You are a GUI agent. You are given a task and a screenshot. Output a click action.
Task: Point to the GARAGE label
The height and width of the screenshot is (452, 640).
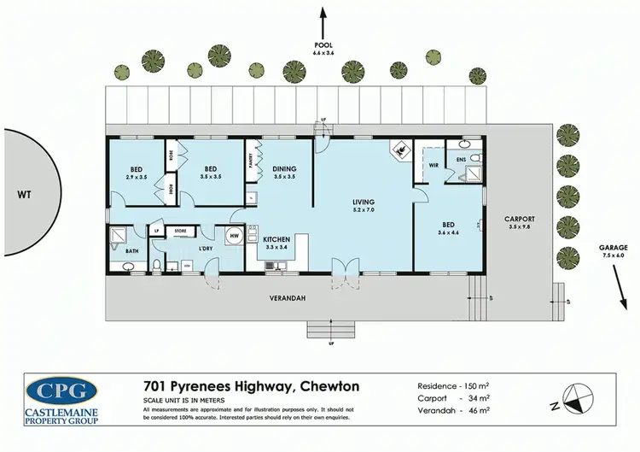pyautogui.click(x=611, y=249)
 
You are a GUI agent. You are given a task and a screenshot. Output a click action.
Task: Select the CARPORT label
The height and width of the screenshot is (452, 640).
pyautogui.click(x=519, y=218)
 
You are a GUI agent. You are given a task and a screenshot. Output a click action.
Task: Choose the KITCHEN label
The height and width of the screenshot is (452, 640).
pyautogui.click(x=278, y=239)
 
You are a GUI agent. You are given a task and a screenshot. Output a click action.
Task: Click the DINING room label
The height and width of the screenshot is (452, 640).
pyautogui.click(x=284, y=169)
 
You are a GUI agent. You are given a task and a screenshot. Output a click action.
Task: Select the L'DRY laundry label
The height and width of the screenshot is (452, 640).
pyautogui.click(x=205, y=248)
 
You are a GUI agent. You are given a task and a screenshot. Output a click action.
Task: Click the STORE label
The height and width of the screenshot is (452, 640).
pyautogui.click(x=180, y=230)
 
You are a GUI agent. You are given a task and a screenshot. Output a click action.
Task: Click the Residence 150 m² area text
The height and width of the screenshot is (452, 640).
pyautogui.click(x=453, y=385)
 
